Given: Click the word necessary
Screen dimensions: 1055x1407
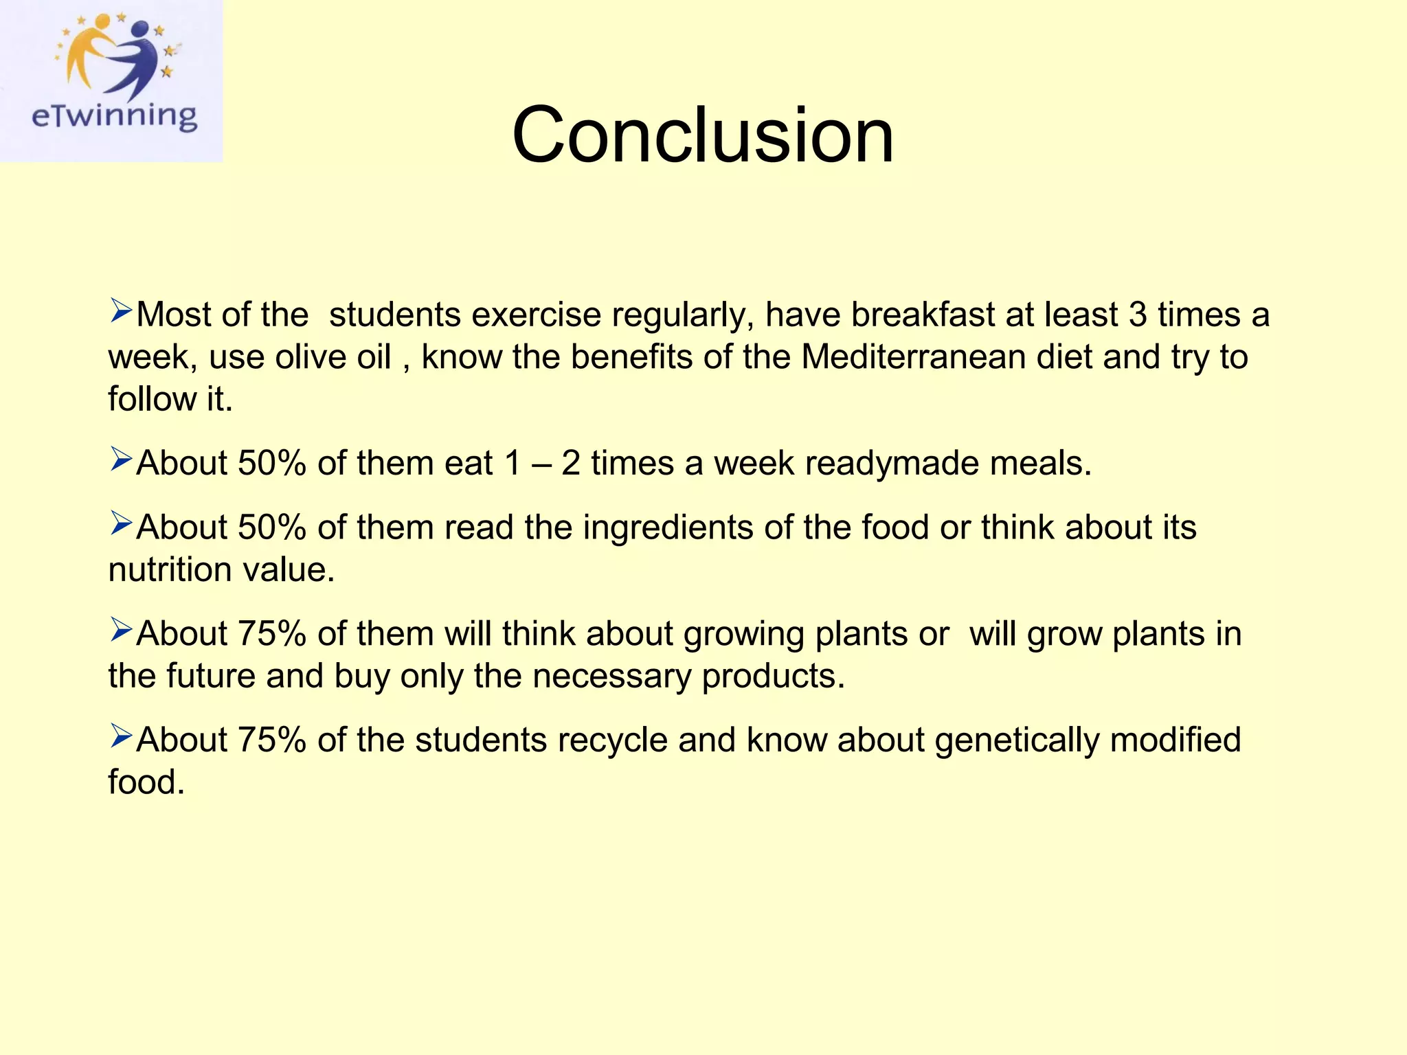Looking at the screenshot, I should pyautogui.click(x=611, y=677).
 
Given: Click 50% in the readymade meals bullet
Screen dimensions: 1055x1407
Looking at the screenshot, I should pyautogui.click(x=271, y=463).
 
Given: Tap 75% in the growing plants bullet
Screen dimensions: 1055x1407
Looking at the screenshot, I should pyautogui.click(x=271, y=633).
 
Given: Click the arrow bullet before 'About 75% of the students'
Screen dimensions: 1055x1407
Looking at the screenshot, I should pyautogui.click(x=120, y=737).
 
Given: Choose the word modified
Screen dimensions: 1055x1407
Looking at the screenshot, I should pyautogui.click(x=1175, y=740).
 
